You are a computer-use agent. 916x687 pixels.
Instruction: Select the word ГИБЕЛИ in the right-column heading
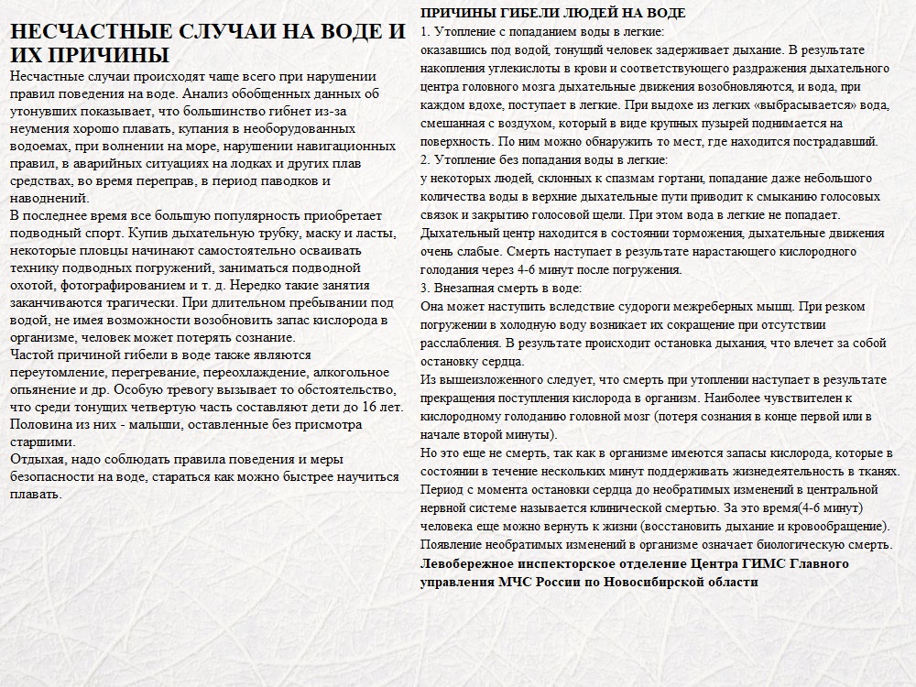pyautogui.click(x=518, y=14)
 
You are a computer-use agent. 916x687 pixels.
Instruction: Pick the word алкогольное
pyautogui.click(x=352, y=373)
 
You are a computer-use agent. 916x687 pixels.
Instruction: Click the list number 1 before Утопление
pyautogui.click(x=424, y=32)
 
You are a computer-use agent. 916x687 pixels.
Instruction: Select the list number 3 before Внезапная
pyautogui.click(x=424, y=289)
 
